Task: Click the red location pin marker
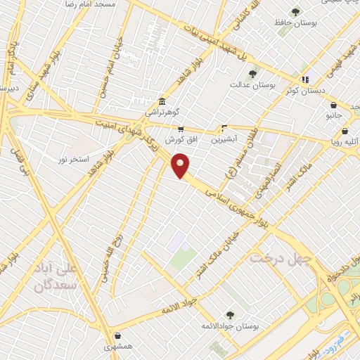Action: tap(181, 166)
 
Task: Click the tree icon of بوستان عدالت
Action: tap(252, 73)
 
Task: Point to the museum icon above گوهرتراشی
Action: tap(162, 101)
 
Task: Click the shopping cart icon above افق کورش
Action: tap(181, 129)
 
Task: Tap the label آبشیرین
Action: tap(224, 139)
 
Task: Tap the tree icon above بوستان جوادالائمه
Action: tap(229, 315)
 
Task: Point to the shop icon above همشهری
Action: tap(118, 336)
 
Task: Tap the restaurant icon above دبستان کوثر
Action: tap(304, 80)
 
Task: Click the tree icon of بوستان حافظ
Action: tap(296, 13)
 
